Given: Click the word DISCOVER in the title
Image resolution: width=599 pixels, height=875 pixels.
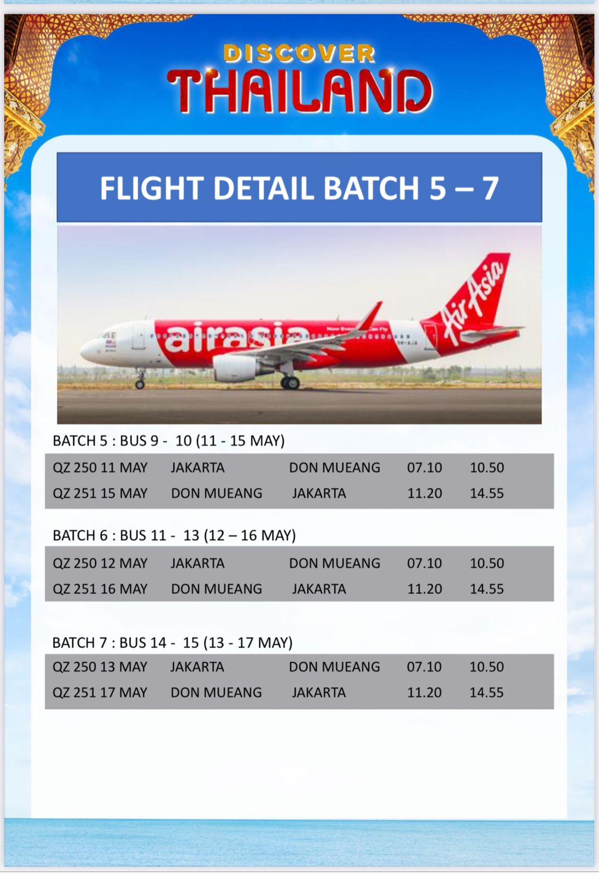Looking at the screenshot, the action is (x=299, y=54).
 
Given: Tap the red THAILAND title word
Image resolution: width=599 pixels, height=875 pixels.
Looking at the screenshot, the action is (x=300, y=91).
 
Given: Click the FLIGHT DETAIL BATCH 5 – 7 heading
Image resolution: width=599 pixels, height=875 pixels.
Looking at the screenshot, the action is (x=299, y=188).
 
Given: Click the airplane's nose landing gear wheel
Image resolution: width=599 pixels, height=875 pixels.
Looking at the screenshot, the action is (x=139, y=384).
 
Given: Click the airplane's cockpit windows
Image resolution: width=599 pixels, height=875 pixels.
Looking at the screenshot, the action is (x=109, y=335).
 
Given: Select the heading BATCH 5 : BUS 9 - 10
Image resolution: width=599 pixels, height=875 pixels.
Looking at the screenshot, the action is (x=168, y=441).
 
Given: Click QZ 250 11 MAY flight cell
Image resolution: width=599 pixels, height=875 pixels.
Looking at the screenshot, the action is (x=100, y=468).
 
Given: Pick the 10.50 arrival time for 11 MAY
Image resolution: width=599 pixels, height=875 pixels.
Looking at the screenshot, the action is (x=487, y=468).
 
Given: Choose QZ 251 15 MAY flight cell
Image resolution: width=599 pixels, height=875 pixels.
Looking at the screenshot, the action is (x=100, y=493).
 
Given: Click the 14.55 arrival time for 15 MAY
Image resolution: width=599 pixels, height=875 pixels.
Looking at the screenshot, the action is (x=487, y=493).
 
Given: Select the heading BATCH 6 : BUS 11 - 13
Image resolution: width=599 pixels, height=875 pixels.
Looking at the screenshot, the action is (x=175, y=535).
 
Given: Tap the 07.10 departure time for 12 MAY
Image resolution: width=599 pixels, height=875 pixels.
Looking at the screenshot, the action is (x=424, y=563).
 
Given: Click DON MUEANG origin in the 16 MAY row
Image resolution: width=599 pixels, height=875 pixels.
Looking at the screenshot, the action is (x=217, y=589).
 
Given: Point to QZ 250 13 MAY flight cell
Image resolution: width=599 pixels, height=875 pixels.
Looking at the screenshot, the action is (x=100, y=667).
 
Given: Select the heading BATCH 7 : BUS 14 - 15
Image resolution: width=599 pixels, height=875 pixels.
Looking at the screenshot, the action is (x=172, y=643).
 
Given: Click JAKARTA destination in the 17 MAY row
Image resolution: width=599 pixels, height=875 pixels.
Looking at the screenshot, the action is (x=319, y=692).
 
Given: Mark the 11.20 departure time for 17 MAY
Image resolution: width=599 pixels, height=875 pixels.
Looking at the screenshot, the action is (x=424, y=692).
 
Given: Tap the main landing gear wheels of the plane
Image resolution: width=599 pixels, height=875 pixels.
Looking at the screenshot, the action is (x=290, y=382).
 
